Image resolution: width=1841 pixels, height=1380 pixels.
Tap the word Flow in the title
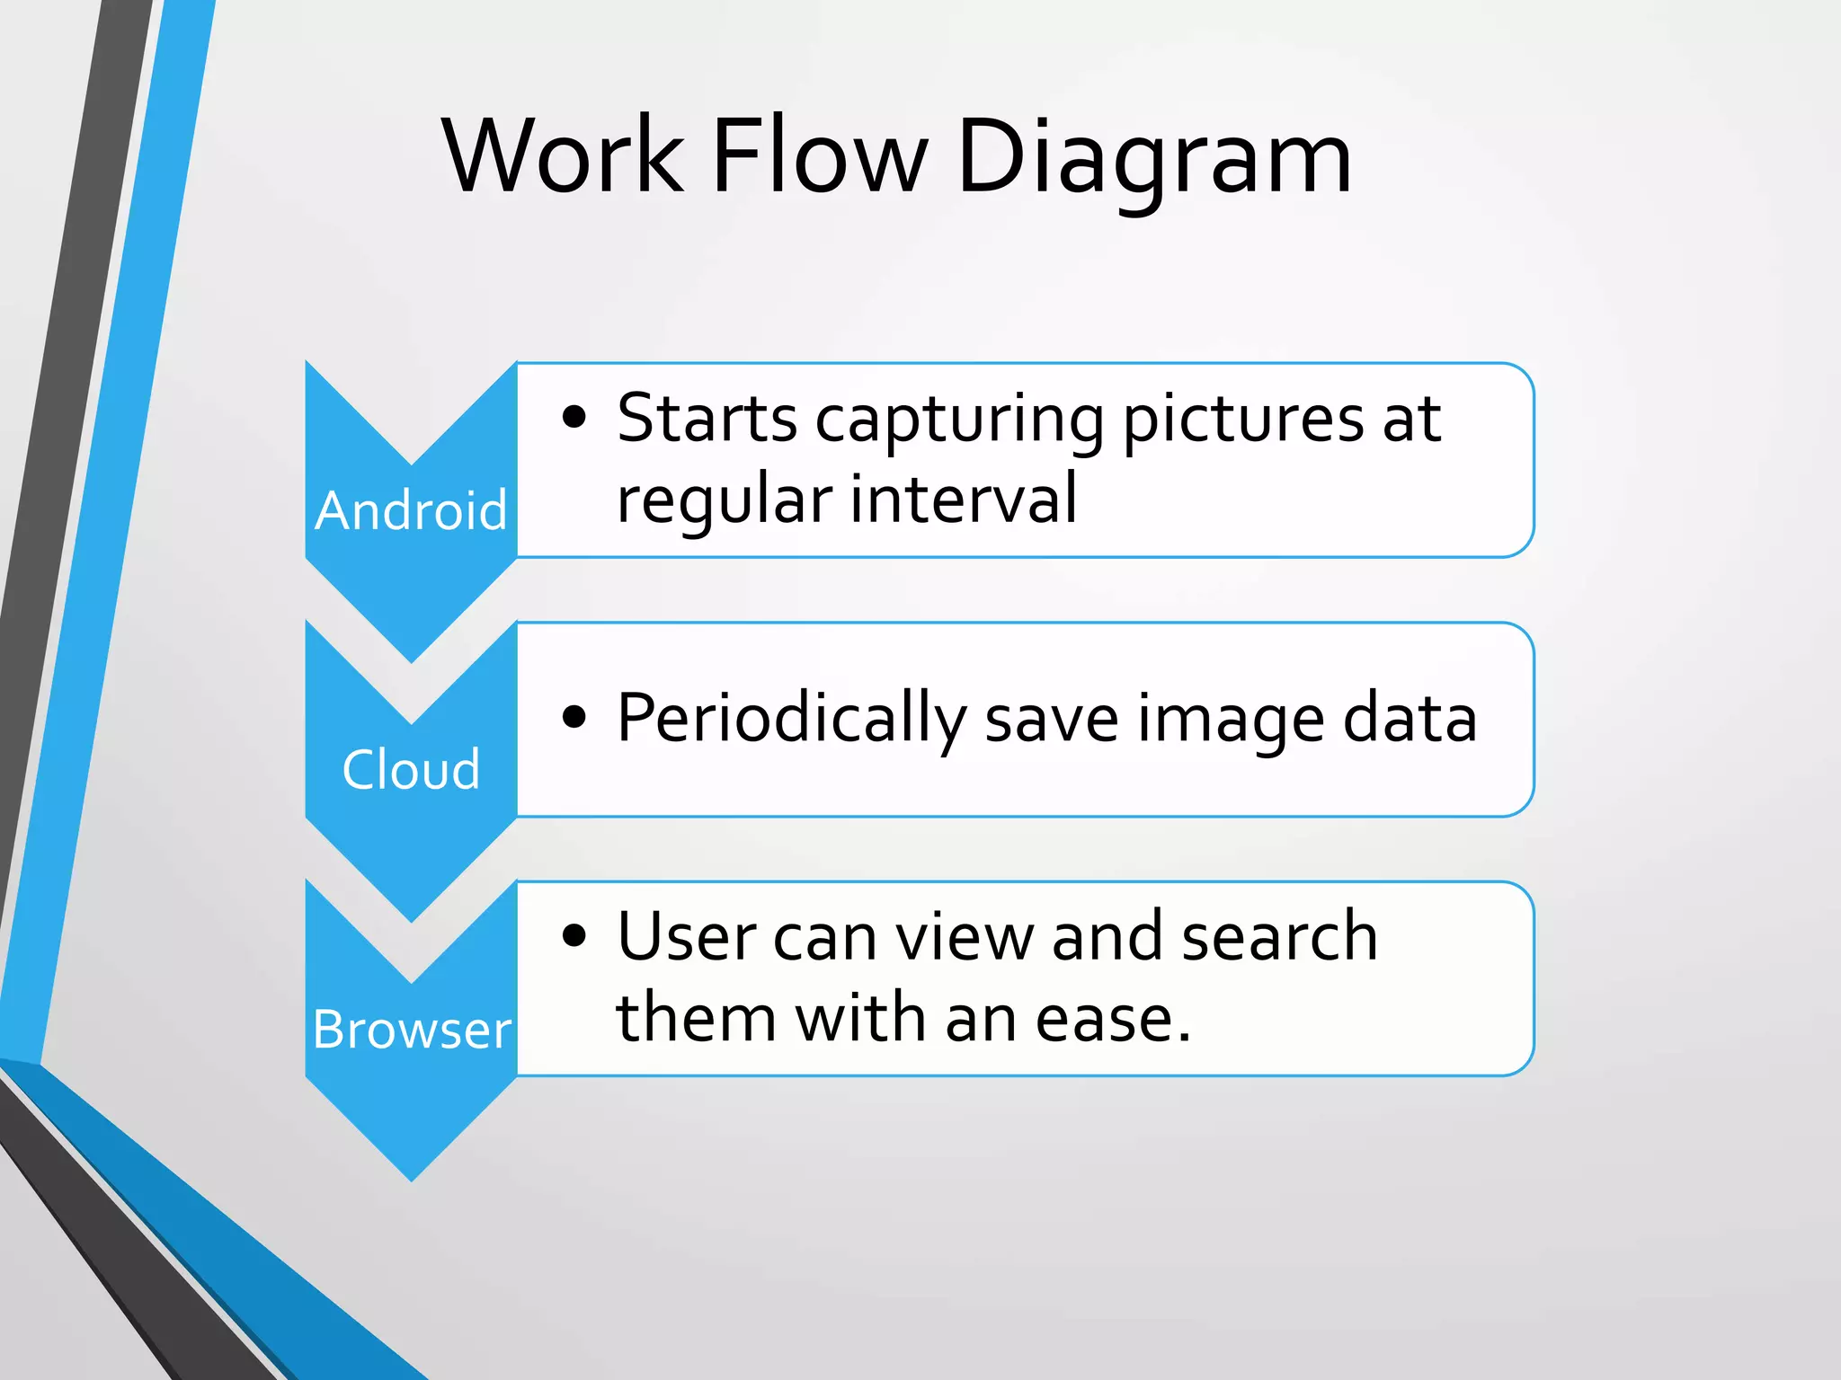click(818, 157)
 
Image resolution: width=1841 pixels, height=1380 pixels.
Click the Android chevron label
click(411, 511)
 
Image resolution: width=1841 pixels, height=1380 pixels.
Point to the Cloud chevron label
click(411, 770)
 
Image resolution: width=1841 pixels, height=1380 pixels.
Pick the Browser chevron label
click(412, 1030)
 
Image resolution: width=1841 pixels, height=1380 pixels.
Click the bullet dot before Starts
click(574, 417)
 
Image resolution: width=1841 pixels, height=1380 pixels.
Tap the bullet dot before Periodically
click(574, 717)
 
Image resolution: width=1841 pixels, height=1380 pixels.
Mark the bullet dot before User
click(574, 935)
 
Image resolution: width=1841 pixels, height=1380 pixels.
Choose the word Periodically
click(791, 719)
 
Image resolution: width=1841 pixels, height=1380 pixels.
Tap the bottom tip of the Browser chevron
click(412, 1178)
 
